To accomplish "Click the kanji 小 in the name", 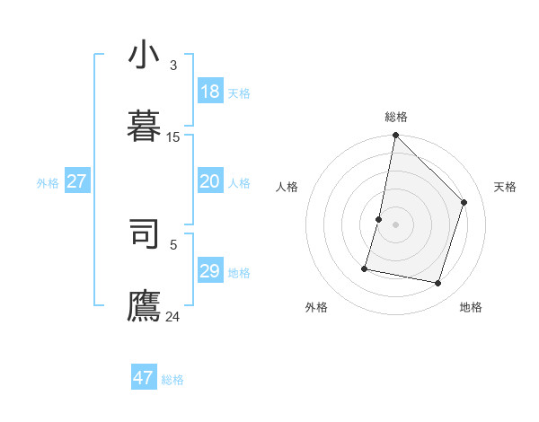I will pos(144,55).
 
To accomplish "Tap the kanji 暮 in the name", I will pos(144,127).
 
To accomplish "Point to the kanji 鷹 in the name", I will pos(144,305).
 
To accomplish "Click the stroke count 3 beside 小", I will pos(172,66).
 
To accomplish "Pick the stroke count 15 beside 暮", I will pos(172,137).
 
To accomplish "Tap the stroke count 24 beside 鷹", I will pos(172,316).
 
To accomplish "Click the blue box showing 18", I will pos(209,92).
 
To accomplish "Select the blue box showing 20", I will pos(209,181).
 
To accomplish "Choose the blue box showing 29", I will pos(209,271).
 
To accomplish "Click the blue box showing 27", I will pos(76,181).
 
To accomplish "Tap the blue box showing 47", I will pos(143,378).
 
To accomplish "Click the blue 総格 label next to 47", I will pos(172,380).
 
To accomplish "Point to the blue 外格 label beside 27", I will pos(48,183).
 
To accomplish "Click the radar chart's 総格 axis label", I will pos(396,117).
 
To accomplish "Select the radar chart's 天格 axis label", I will pos(505,187).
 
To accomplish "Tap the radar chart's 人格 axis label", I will pos(287,187).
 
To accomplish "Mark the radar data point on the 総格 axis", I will pos(395,136).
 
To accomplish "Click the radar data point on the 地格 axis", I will pos(438,284).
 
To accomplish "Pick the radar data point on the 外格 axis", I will pos(365,268).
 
